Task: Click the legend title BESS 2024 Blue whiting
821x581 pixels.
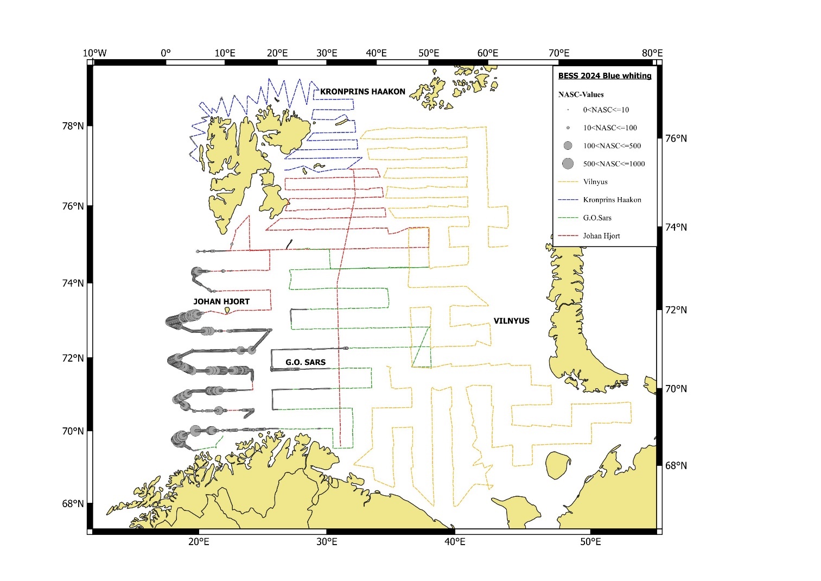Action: click(x=604, y=76)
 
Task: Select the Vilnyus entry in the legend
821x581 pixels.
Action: click(x=595, y=182)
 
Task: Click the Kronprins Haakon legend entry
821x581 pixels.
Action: click(x=612, y=200)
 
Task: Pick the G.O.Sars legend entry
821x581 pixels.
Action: click(x=597, y=218)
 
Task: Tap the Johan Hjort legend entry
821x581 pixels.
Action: click(x=601, y=236)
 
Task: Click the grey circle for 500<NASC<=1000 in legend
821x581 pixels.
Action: click(x=568, y=163)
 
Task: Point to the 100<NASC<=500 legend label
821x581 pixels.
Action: click(x=612, y=146)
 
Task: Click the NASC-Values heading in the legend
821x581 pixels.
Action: click(x=581, y=94)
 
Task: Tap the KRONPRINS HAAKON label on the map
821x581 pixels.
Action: click(x=362, y=92)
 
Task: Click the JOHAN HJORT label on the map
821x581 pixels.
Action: click(x=221, y=301)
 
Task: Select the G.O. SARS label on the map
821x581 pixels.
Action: click(x=306, y=362)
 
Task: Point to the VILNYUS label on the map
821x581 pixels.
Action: click(x=511, y=321)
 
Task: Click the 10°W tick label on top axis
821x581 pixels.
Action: click(x=94, y=53)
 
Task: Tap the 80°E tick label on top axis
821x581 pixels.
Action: click(x=652, y=53)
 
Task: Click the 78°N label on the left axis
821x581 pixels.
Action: click(x=73, y=126)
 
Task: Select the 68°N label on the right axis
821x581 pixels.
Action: click(x=676, y=466)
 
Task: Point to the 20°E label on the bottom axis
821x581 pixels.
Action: click(x=199, y=542)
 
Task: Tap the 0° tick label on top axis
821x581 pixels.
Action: click(x=166, y=53)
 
